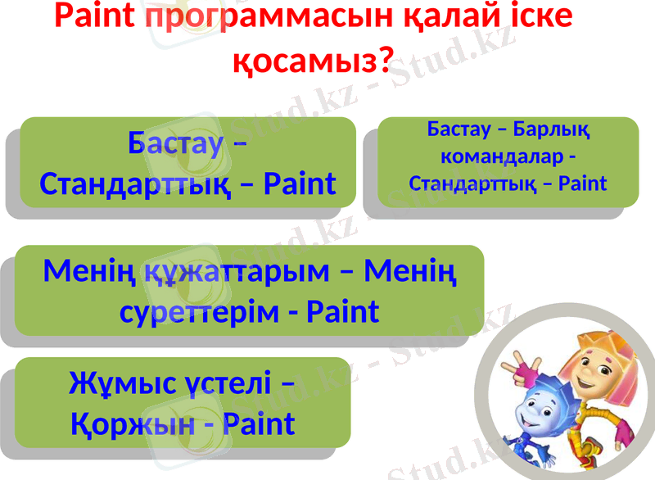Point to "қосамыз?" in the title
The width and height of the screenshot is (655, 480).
[313, 60]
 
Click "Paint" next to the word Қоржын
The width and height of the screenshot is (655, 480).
[258, 424]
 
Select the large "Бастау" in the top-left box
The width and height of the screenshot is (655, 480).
[176, 143]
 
